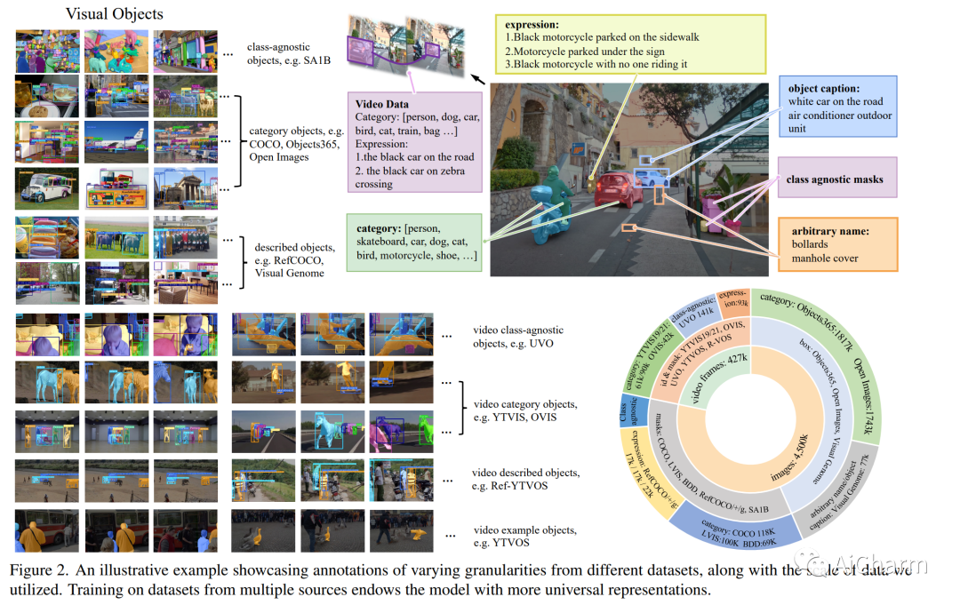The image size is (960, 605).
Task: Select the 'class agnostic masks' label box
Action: [835, 179]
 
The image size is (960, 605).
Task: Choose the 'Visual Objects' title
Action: [115, 14]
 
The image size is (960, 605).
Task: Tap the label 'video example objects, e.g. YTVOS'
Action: [524, 537]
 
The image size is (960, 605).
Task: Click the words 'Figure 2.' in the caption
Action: [41, 569]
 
